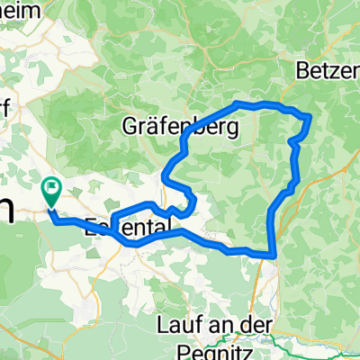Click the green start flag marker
(x=51, y=190)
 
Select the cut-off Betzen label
(x=329, y=70)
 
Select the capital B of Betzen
(x=305, y=70)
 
